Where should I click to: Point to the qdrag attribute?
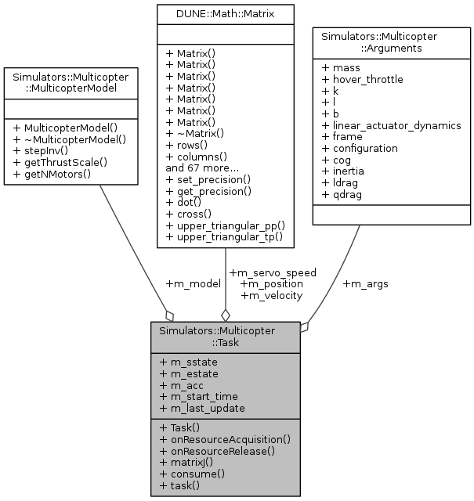[344, 196]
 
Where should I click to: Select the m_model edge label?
[193, 283]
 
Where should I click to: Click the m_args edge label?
[365, 283]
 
